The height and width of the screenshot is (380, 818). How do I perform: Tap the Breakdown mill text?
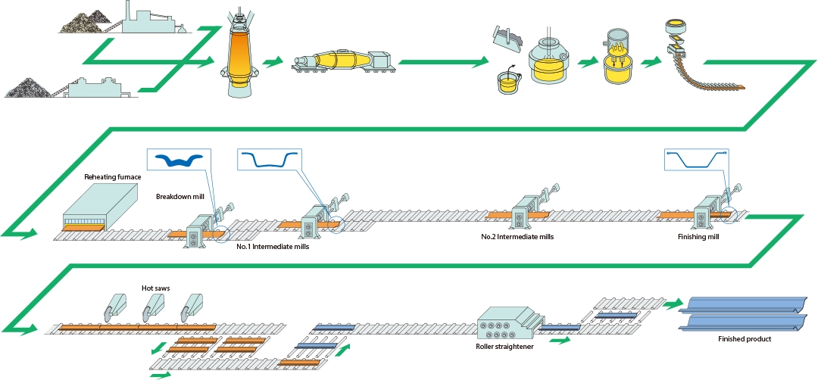click(x=181, y=197)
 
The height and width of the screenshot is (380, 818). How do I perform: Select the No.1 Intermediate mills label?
click(x=272, y=246)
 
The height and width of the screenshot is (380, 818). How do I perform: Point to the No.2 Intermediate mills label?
click(x=517, y=237)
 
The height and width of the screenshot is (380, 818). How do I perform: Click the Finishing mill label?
click(x=698, y=237)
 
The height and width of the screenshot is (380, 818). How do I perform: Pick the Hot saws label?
click(x=154, y=288)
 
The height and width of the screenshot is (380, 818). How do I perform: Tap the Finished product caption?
click(x=744, y=339)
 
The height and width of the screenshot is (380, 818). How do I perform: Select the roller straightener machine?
click(x=505, y=323)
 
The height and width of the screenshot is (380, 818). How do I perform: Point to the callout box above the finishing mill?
click(x=696, y=160)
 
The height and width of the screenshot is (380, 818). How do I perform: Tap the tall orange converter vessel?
click(x=241, y=61)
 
